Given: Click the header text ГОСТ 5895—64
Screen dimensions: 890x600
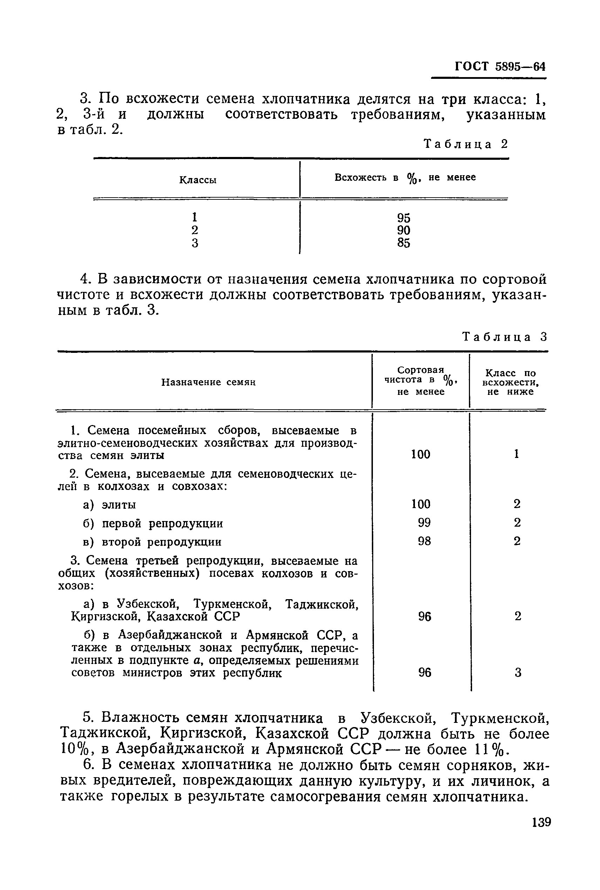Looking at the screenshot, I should pos(500,66).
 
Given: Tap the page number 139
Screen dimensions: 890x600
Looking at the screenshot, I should pos(541,832).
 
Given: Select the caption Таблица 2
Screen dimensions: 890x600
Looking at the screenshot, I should pos(466,144).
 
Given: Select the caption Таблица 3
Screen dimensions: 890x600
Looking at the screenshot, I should pos(505,337).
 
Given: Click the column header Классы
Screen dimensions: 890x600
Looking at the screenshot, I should pos(197,180).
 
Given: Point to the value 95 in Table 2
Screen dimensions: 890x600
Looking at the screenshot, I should pos(403,218).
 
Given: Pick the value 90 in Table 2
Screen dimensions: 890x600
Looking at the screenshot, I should pos(403,230).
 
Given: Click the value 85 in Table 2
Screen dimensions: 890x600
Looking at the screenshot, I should pos(403,243).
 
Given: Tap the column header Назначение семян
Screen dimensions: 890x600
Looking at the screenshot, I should pos(208,382).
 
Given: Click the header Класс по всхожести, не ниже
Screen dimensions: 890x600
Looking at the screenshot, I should pos(511,382).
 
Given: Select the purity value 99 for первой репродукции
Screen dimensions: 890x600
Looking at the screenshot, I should pos(424,522).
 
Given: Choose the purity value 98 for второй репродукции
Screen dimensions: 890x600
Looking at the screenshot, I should pos(424,541).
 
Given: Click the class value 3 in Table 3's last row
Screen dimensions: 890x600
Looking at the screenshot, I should pos(517,672).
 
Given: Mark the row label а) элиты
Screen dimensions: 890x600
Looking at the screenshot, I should pos(109,505).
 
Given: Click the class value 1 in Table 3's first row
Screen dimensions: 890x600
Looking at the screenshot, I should pos(516,454).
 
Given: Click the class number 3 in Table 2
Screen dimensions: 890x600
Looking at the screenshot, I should pos(195,243).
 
